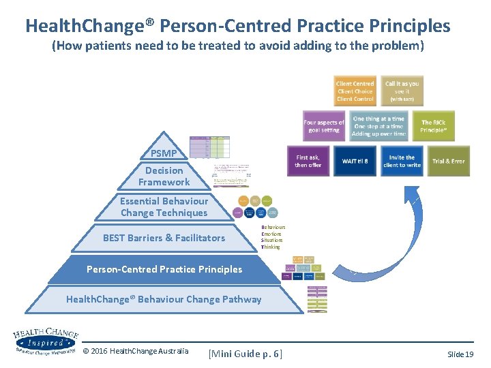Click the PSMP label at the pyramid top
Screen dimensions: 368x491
(x=164, y=153)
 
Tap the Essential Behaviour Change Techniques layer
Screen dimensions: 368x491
(x=164, y=207)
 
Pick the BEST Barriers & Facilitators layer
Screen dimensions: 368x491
(x=164, y=238)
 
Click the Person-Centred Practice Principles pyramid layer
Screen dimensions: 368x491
(x=164, y=269)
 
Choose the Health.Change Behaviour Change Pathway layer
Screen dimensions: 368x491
(x=164, y=299)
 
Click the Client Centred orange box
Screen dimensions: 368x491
(x=355, y=91)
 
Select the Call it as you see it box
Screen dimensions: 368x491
(x=402, y=91)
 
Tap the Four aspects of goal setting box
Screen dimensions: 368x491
(x=324, y=126)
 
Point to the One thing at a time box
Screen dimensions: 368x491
(x=378, y=126)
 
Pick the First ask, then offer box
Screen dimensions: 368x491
(x=307, y=161)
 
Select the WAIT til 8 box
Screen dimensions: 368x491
(x=355, y=161)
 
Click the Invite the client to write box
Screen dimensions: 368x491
(x=402, y=161)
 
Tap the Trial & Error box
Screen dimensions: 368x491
(x=449, y=162)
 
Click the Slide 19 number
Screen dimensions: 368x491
(x=460, y=354)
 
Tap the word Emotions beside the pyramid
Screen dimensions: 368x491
(x=271, y=234)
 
